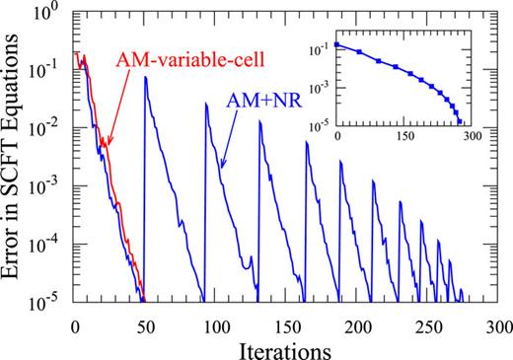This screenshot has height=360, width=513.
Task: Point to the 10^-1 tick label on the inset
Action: coord(318,46)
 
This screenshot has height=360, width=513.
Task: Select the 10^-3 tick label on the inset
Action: coord(318,86)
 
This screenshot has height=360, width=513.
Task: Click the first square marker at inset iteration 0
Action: coord(337,44)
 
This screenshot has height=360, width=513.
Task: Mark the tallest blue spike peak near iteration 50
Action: coord(146,77)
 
